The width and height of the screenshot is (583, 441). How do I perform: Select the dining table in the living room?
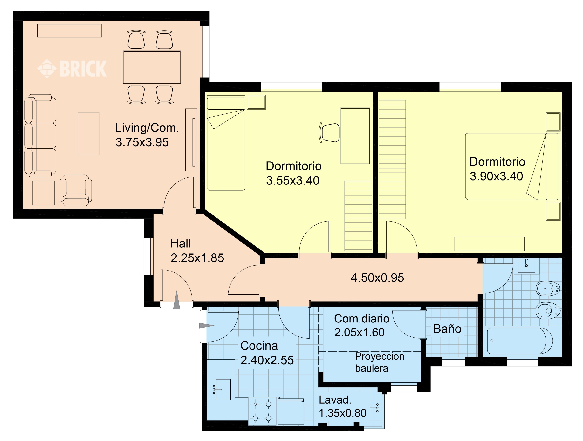152,67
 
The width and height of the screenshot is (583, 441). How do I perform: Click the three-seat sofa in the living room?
40,136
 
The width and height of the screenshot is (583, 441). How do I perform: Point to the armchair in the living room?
76,190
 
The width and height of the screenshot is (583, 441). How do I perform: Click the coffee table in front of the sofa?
89,134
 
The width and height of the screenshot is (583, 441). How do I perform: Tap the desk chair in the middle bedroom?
329,133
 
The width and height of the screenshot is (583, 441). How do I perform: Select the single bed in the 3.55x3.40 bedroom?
226,143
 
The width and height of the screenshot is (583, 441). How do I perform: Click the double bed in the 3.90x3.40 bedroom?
513,167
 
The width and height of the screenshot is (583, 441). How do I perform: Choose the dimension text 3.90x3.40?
496,176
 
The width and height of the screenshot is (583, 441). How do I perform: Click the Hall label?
181,243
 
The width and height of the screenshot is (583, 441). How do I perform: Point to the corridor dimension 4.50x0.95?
377,278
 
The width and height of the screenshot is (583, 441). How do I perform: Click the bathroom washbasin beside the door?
526,266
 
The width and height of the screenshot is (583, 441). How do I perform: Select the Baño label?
447,329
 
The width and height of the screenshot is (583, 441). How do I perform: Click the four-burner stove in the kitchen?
262,411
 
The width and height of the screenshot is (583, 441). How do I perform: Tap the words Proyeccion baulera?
380,362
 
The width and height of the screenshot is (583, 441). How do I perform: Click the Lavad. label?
335,400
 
